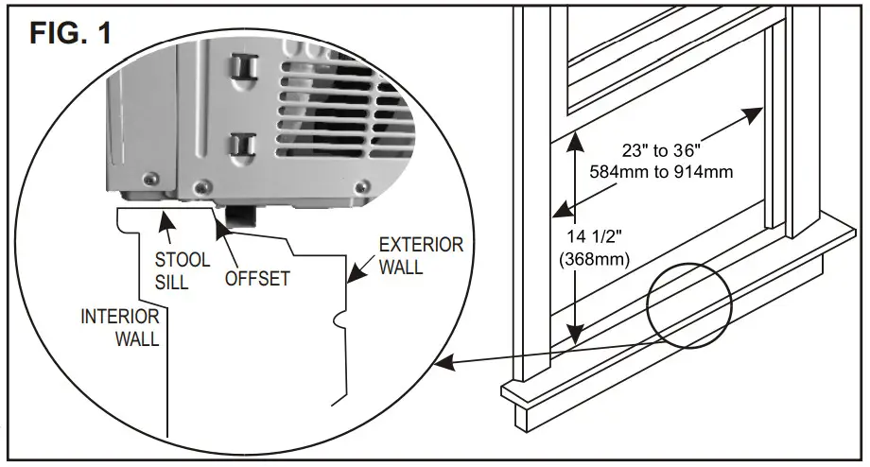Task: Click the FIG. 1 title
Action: [x=70, y=34]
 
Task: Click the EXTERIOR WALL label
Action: [x=421, y=256]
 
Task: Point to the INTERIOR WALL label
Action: [x=120, y=327]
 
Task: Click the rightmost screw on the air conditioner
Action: [x=363, y=187]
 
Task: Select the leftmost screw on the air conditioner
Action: [x=150, y=177]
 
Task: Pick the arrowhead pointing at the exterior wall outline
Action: [x=351, y=281]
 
